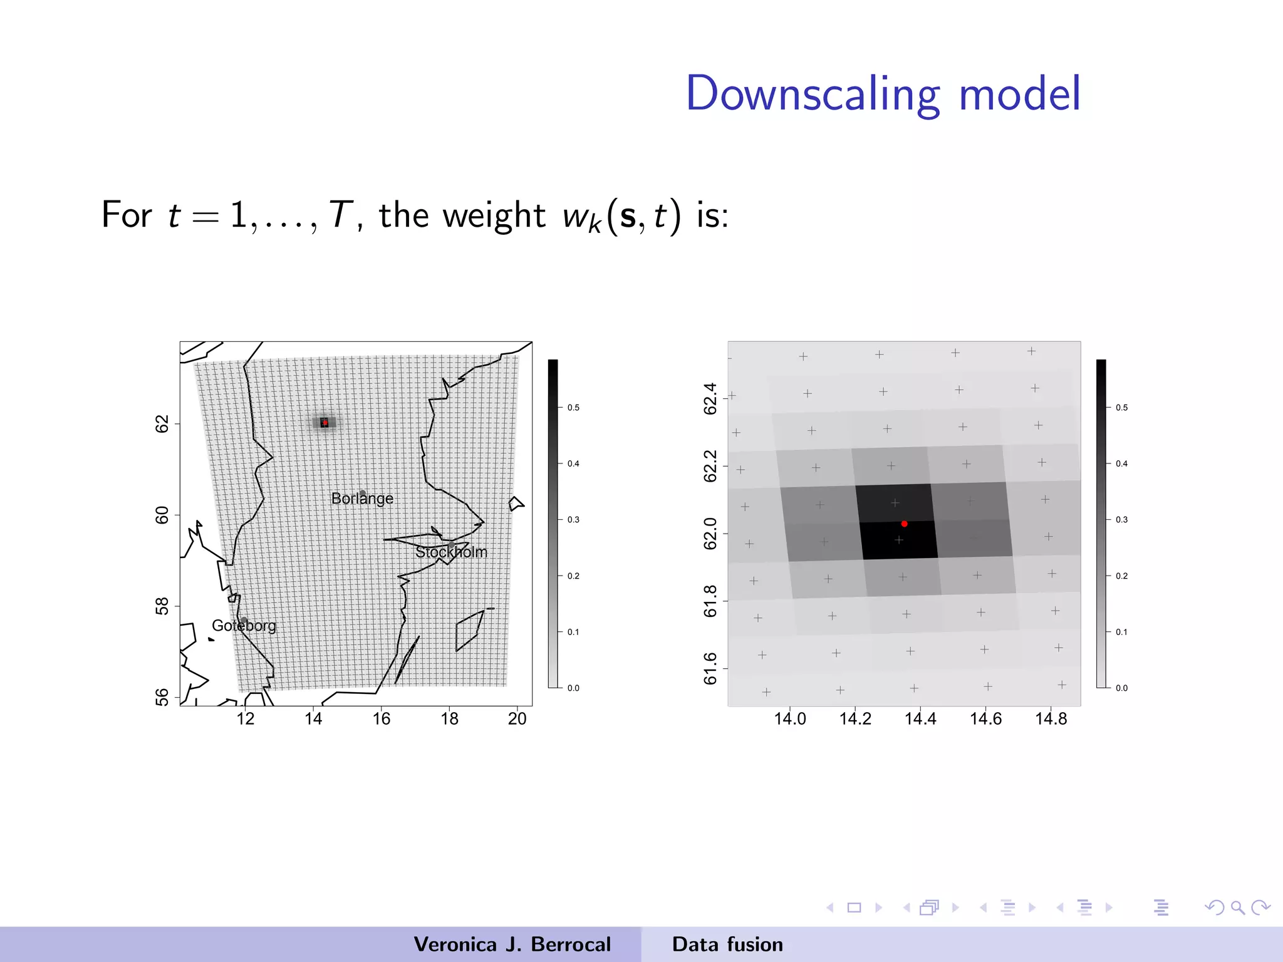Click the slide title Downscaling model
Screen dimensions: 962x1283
(883, 94)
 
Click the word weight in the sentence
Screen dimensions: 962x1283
(494, 215)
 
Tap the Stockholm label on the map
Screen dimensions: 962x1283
(451, 552)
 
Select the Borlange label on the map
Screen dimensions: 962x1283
(362, 499)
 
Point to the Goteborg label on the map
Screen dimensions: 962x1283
(244, 626)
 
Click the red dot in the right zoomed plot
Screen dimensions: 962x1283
(904, 524)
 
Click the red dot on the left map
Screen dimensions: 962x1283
(325, 423)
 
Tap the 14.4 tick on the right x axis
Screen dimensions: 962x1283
(920, 718)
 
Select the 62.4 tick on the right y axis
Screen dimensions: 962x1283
(710, 398)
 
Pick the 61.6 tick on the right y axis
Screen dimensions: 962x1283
(710, 668)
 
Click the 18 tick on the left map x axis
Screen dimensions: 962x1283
(449, 718)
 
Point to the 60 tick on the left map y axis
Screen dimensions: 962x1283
(162, 515)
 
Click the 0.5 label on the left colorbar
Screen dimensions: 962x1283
(573, 408)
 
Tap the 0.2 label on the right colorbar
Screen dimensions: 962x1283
(1121, 576)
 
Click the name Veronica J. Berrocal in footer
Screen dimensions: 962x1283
(512, 944)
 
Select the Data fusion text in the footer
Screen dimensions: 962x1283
(727, 944)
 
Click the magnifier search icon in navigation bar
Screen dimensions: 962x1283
(1237, 908)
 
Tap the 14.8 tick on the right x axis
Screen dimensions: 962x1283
(1051, 718)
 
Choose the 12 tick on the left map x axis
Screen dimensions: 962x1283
(246, 718)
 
